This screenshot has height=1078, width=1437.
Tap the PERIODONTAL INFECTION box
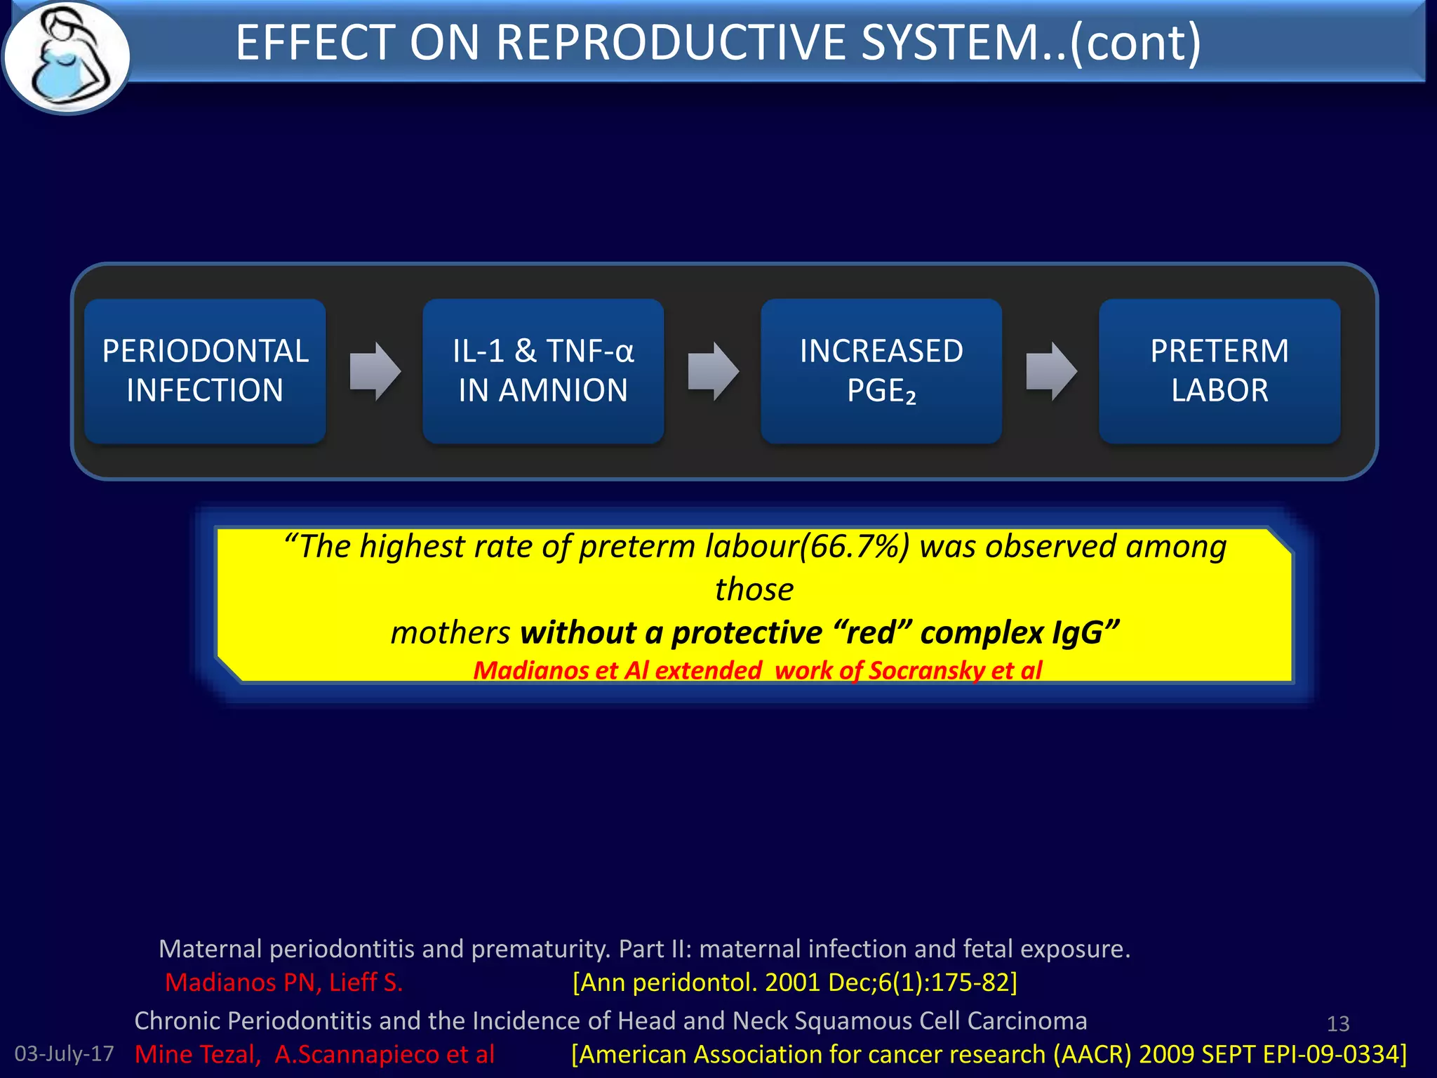coord(205,371)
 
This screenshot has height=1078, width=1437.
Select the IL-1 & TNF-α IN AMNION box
coord(543,371)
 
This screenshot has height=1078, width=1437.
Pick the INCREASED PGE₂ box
coord(881,371)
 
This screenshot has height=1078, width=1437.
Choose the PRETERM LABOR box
coord(1219,371)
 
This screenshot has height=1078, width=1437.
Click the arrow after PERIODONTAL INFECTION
coord(375,371)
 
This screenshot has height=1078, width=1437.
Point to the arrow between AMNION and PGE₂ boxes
coord(713,371)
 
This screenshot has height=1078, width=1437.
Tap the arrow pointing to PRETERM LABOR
coord(1051,371)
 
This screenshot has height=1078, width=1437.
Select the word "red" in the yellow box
coord(873,633)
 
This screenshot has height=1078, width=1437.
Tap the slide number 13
coord(1338,1024)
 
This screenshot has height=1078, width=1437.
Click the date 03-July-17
coord(64,1053)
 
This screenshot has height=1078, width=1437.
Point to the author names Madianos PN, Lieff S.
coord(283,982)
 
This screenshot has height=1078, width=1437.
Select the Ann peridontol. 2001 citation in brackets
coord(794,982)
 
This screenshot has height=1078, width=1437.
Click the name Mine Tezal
coord(196,1054)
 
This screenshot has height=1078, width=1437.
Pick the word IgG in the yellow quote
coord(1078,633)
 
